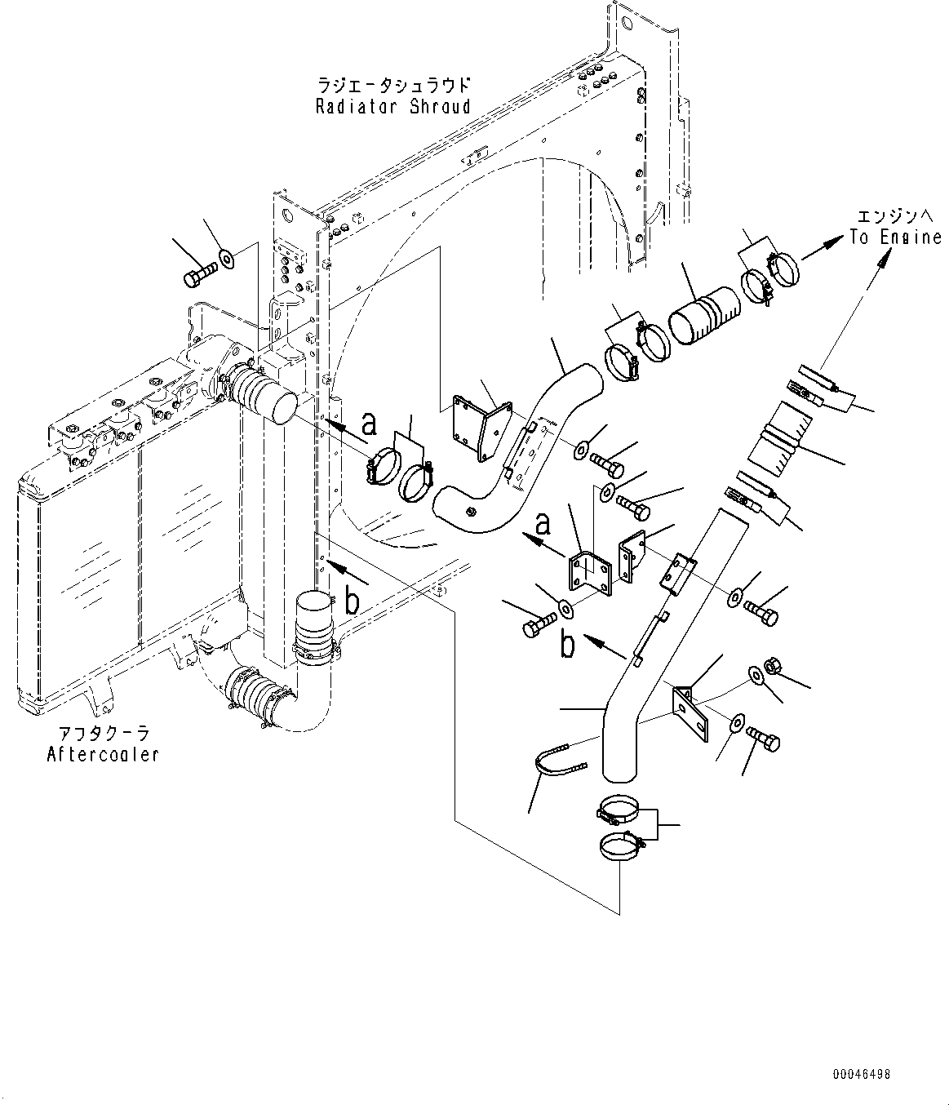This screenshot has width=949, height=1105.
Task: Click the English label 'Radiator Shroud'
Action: click(x=392, y=106)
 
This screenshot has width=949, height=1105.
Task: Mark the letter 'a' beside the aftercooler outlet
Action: click(x=369, y=423)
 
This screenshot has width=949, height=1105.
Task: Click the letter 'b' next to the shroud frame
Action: click(x=352, y=602)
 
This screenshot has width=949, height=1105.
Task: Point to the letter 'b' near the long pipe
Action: click(x=567, y=645)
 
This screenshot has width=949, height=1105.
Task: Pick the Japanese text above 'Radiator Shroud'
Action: click(x=392, y=85)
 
